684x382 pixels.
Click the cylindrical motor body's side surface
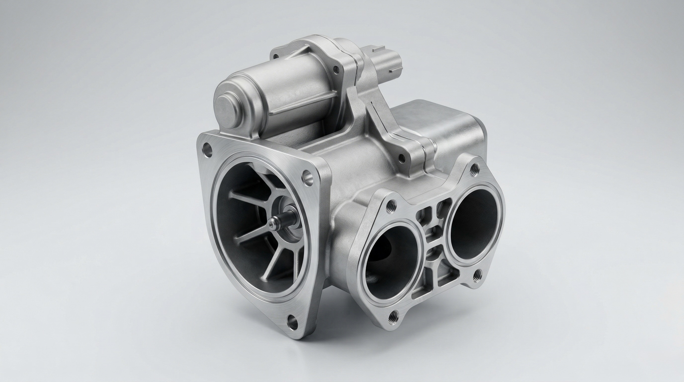point(287,88)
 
